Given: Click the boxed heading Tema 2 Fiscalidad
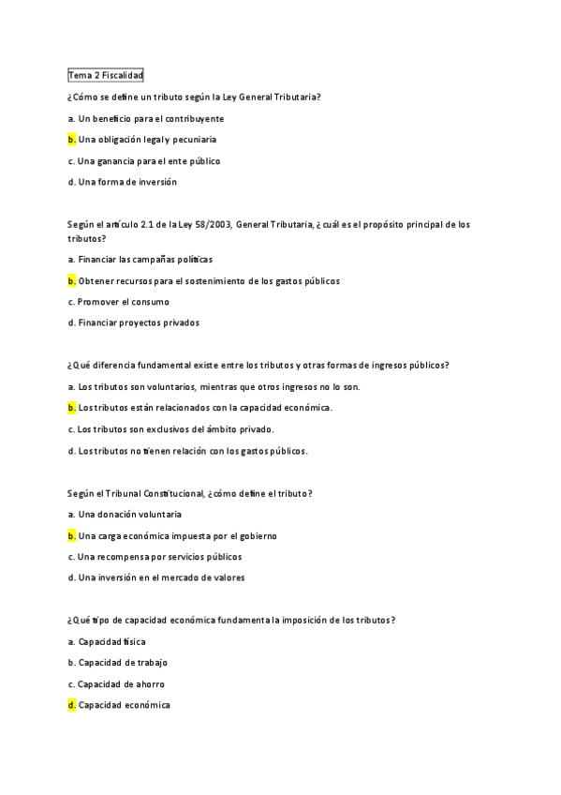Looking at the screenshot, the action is click(105, 76).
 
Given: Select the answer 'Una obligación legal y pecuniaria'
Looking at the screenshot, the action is click(147, 140).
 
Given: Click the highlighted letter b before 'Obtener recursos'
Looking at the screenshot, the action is click(71, 280).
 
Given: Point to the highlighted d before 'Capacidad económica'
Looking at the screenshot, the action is click(71, 705).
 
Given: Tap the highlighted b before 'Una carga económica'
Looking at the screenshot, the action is click(71, 535).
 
